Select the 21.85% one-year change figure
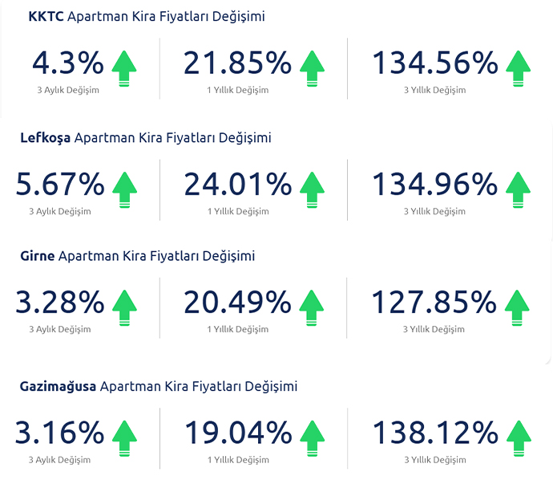tap(237, 64)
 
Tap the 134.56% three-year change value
tap(434, 64)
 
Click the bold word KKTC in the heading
tap(46, 17)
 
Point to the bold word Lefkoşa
tap(46, 138)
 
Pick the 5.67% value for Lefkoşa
tap(60, 185)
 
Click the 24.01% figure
tap(237, 185)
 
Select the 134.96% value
tap(434, 185)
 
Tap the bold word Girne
tap(38, 256)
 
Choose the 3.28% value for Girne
tap(60, 303)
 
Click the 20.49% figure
tap(237, 303)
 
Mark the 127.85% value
tap(434, 303)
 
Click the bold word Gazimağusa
tap(59, 386)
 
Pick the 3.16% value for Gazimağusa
tap(60, 433)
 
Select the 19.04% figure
tap(237, 433)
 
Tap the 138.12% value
tap(434, 433)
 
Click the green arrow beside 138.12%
tap(519, 437)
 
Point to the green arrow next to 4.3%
tap(124, 67)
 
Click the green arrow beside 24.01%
tap(312, 189)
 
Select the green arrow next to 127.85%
tap(519, 307)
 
